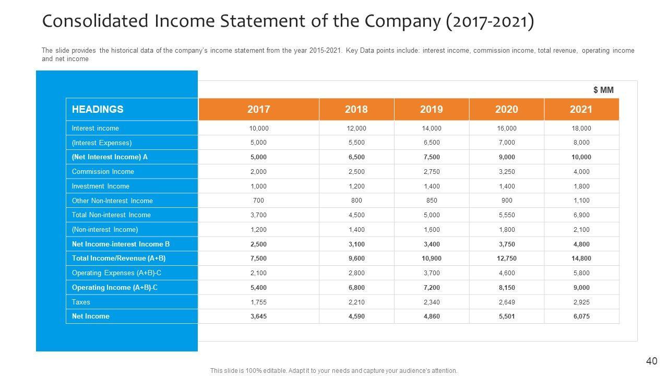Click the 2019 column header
[x=432, y=109]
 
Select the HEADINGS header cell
[x=98, y=109]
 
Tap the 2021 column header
[x=581, y=109]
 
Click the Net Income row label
[x=91, y=316]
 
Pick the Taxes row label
[x=81, y=302]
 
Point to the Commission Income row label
[x=103, y=171]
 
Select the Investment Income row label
[x=101, y=186]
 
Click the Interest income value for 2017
[x=258, y=128]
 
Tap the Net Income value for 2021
[x=581, y=316]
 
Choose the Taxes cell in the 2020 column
[x=507, y=302]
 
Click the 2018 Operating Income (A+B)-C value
[x=356, y=287]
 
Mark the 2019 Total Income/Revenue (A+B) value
[x=432, y=258]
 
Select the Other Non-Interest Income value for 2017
[x=258, y=201]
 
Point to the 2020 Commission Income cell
[x=507, y=171]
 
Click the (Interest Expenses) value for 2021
[x=581, y=142]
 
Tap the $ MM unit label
[x=603, y=90]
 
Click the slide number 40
[x=651, y=361]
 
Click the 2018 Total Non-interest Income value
[x=356, y=215]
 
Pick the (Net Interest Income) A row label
[x=110, y=157]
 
